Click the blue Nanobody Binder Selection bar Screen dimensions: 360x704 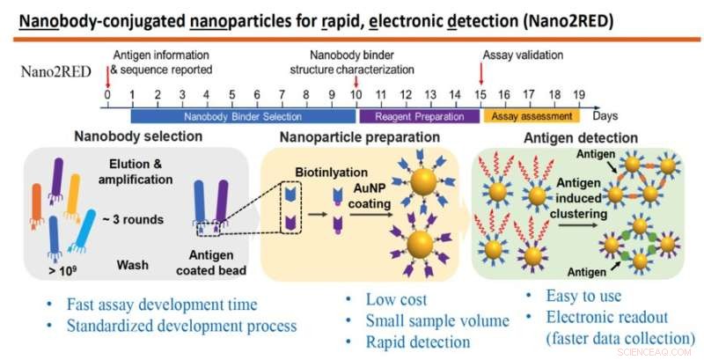[x=242, y=115]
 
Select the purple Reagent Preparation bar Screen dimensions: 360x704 [x=418, y=115]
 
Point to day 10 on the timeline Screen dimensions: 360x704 [x=356, y=94]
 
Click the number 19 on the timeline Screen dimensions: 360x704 [x=579, y=94]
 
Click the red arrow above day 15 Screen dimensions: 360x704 [x=481, y=72]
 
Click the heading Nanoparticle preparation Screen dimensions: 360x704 [x=359, y=137]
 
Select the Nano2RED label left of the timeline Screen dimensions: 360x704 [x=52, y=72]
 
